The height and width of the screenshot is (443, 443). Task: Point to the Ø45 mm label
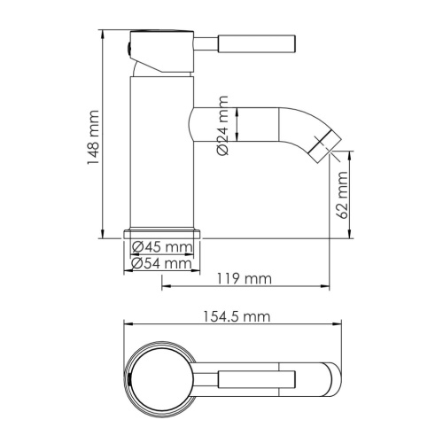(x=162, y=247)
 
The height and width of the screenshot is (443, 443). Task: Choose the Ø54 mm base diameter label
(x=162, y=263)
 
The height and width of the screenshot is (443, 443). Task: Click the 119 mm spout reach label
(x=244, y=280)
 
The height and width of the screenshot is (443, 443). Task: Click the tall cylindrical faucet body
(x=162, y=151)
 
